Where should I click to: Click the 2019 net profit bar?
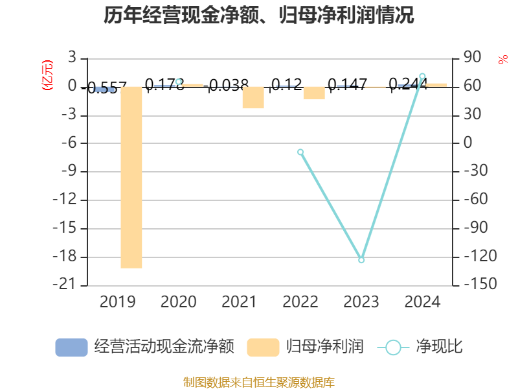(131, 177)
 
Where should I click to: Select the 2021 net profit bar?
(253, 97)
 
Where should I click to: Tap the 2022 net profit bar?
(314, 93)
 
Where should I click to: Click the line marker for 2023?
(361, 260)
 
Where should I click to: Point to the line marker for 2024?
(422, 76)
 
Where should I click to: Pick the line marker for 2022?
(300, 152)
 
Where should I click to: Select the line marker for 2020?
(179, 82)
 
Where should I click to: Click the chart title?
(259, 15)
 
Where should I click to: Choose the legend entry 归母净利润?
(305, 347)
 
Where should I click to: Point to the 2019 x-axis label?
(117, 302)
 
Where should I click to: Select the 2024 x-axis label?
(422, 302)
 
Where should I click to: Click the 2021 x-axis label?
(239, 302)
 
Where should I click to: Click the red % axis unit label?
(503, 60)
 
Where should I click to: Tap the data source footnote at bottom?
(259, 383)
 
